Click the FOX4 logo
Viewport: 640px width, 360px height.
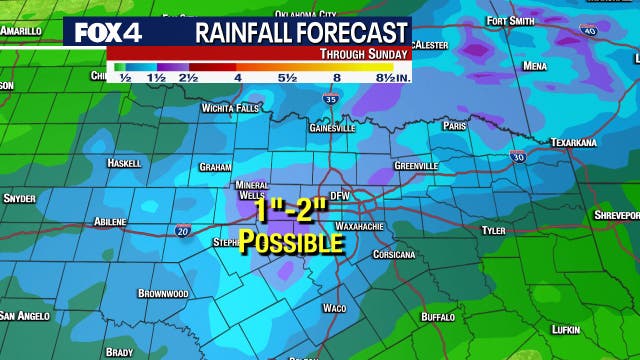click(x=104, y=32)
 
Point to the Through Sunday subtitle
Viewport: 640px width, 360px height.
click(x=363, y=53)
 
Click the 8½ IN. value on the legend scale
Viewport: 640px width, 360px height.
click(x=391, y=76)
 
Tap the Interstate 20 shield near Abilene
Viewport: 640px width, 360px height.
click(x=183, y=231)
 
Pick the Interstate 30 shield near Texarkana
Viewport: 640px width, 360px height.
click(x=517, y=157)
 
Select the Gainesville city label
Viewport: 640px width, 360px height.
click(x=333, y=128)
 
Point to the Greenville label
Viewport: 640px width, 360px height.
click(x=416, y=165)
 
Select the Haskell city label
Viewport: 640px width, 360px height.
click(x=124, y=162)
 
